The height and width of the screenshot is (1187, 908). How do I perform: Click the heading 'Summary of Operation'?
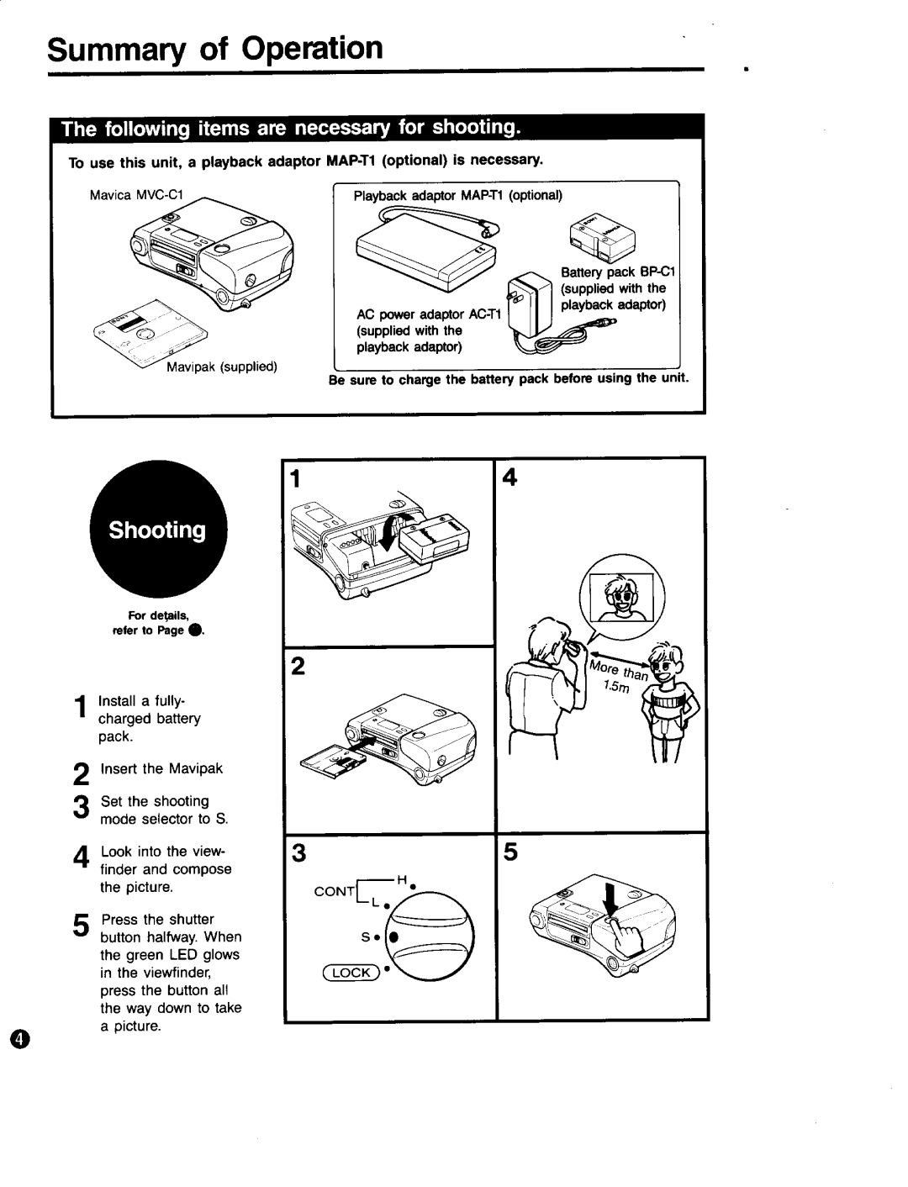(x=215, y=48)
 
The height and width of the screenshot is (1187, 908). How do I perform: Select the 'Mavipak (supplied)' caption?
(x=221, y=367)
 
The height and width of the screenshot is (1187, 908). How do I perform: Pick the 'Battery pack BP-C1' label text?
(x=623, y=272)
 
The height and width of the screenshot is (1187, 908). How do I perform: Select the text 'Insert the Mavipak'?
(x=161, y=768)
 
